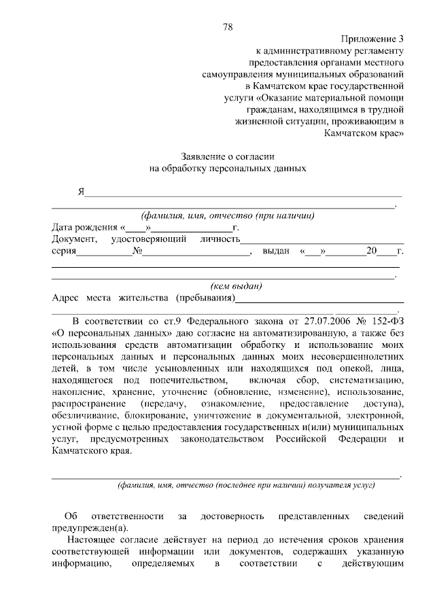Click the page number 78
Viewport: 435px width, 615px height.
pyautogui.click(x=228, y=27)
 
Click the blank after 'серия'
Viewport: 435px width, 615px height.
pyautogui.click(x=104, y=253)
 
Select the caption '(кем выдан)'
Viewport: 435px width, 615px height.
pyautogui.click(x=237, y=287)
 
